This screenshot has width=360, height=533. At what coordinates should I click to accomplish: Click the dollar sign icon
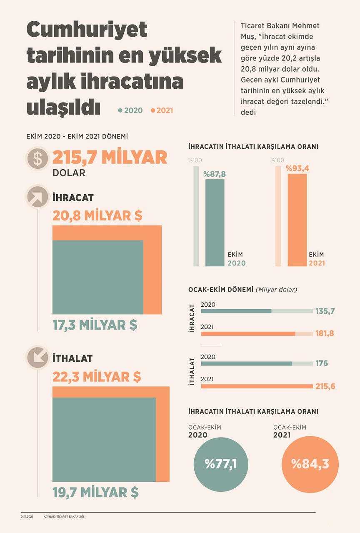point(37,159)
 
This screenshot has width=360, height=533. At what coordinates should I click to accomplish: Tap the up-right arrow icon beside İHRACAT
point(37,197)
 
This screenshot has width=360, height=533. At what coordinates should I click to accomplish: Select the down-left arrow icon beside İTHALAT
point(37,358)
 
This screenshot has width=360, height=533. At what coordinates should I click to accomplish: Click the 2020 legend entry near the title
point(131,110)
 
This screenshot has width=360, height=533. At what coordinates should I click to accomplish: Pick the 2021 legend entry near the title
point(162,110)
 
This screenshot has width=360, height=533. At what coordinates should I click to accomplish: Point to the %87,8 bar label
point(215,174)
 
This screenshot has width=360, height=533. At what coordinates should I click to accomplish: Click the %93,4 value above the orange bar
point(297,169)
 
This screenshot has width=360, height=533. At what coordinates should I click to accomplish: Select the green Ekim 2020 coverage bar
point(215,223)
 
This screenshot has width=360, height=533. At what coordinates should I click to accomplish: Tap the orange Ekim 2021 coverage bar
point(297,220)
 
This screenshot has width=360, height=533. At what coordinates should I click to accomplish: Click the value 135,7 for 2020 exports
point(325,311)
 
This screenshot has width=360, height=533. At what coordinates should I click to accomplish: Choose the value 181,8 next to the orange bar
point(325,333)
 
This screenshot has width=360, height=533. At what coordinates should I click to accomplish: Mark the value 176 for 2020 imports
point(321,363)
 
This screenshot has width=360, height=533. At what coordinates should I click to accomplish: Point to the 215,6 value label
point(325,386)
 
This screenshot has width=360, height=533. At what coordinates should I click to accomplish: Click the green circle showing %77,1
point(221,464)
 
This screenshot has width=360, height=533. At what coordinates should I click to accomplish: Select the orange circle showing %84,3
point(310,464)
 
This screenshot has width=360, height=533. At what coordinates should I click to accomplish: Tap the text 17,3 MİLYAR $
point(95,325)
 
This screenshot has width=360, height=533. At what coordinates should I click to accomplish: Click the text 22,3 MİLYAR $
point(97,377)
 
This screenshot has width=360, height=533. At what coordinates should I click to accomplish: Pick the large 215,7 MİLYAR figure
point(110,158)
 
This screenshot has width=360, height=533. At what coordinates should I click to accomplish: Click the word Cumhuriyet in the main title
point(87,30)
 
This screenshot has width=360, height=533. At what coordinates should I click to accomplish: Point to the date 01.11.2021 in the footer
point(27,517)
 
